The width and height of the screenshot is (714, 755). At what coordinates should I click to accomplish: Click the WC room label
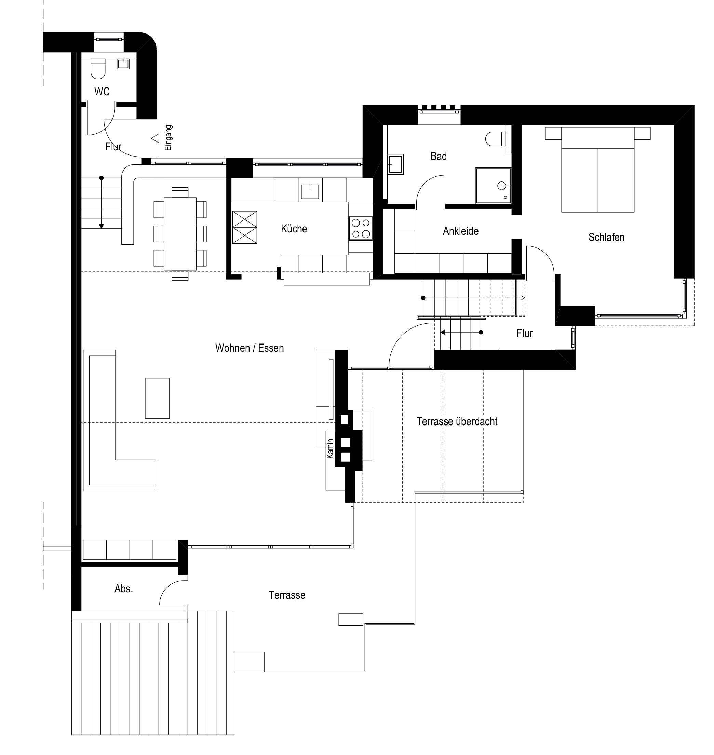102,92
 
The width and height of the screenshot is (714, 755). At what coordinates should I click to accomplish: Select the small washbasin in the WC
123,64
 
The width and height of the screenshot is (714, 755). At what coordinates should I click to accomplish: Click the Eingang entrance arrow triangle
155,138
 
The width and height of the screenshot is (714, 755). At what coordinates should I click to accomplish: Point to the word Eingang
169,138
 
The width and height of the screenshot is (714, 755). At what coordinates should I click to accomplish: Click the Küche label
294,229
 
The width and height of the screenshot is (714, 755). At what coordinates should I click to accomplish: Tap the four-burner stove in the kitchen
361,228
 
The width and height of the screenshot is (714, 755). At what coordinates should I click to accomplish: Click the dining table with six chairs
180,234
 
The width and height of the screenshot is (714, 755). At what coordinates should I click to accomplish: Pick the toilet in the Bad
496,139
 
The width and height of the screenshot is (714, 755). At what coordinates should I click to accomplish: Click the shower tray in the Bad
493,186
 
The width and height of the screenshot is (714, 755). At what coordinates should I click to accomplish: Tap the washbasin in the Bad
395,164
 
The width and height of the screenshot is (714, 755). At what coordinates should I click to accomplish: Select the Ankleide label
460,231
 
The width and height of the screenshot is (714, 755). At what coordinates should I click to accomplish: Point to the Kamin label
330,448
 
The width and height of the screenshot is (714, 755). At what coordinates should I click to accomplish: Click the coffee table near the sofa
157,398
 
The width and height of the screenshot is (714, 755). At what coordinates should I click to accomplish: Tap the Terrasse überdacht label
457,422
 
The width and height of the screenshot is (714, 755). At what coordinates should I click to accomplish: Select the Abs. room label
124,589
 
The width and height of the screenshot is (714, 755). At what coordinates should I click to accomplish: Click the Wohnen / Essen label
250,348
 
